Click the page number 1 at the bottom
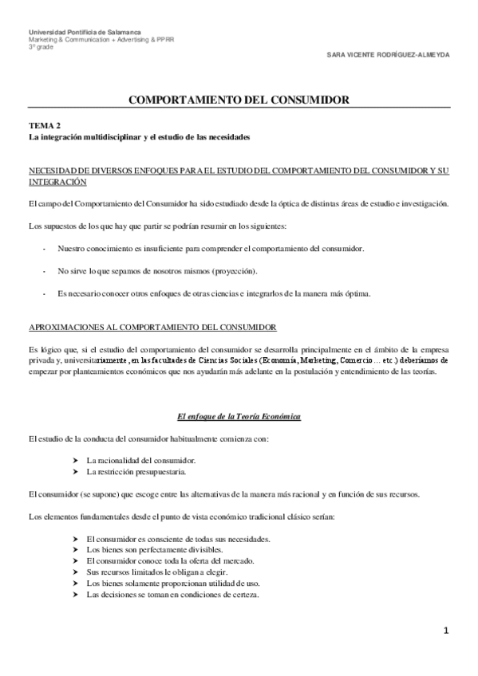[447, 631]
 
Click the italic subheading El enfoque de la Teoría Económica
[239, 417]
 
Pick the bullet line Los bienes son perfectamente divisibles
[154, 550]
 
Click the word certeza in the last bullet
[245, 595]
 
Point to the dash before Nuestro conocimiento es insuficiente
[42, 250]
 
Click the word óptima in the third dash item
[355, 294]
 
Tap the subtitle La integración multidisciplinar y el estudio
[140, 137]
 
